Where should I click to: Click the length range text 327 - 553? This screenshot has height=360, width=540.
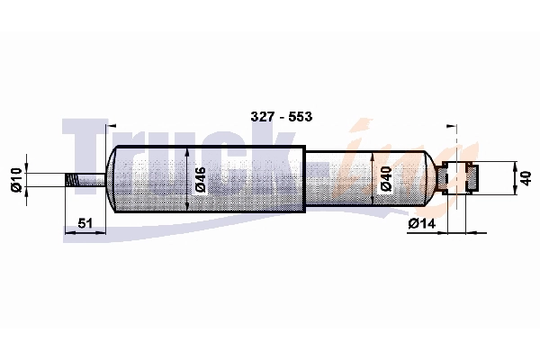[282, 117]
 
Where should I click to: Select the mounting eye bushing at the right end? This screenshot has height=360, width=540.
[460, 176]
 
